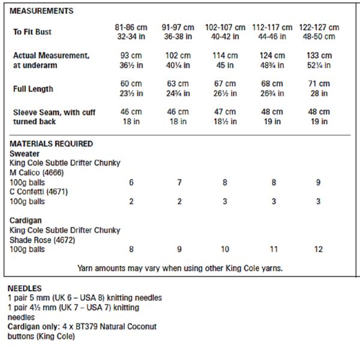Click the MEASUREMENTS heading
(x=42, y=11)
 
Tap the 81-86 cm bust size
(x=131, y=28)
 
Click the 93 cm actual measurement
(x=131, y=55)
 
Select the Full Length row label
(x=33, y=89)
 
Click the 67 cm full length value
(x=225, y=84)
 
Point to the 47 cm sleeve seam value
(x=225, y=112)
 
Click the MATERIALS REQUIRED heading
(x=52, y=144)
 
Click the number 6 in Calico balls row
(x=131, y=182)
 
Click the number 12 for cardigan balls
(x=318, y=249)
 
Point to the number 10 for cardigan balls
(x=225, y=249)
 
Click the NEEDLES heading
(x=25, y=288)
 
